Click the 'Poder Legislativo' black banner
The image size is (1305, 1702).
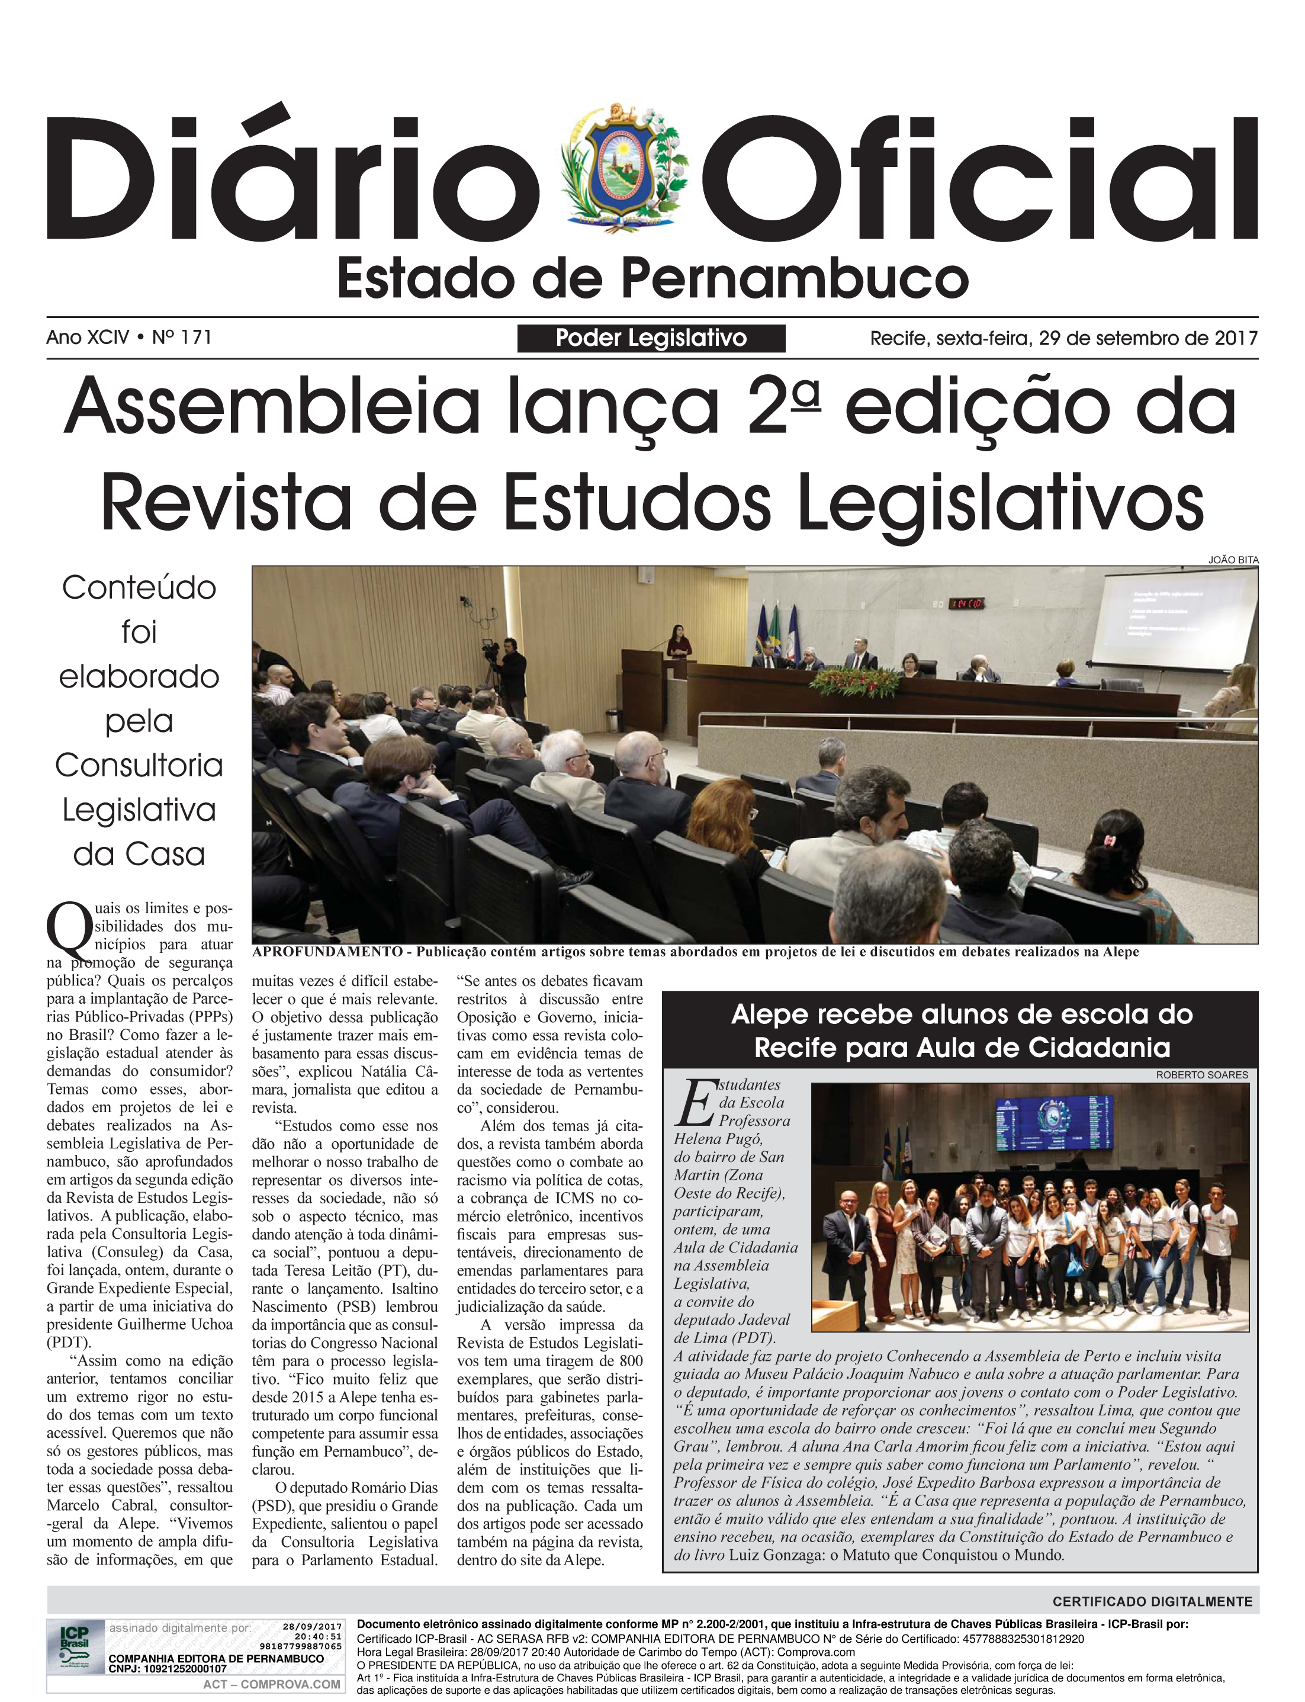[651, 339]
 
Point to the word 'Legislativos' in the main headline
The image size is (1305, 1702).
[1001, 501]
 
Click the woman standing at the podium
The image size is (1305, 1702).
[677, 641]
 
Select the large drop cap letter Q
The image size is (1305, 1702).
[70, 929]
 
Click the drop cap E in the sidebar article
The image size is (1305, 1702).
[695, 1104]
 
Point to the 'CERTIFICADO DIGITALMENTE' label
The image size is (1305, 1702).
[1152, 1601]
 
